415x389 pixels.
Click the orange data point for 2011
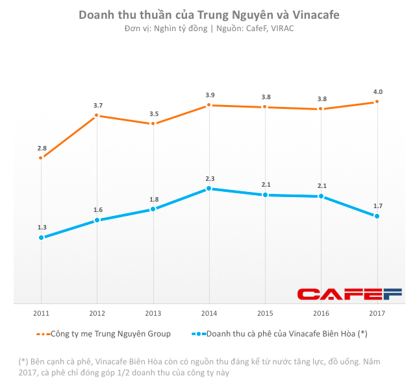tap(41, 158)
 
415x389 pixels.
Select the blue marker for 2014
tap(208, 189)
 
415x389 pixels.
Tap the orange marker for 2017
tap(377, 102)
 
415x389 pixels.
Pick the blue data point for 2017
tap(377, 216)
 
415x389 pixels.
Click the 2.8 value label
tap(42, 148)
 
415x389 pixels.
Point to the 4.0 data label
tap(377, 91)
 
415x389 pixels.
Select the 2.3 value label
tap(209, 178)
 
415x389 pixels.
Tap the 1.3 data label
tap(42, 227)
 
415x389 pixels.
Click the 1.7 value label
tap(377, 206)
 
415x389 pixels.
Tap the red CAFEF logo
tap(350, 294)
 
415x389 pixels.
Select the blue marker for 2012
tap(97, 220)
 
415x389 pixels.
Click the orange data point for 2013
tap(153, 123)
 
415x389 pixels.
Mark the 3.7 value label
tap(97, 105)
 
